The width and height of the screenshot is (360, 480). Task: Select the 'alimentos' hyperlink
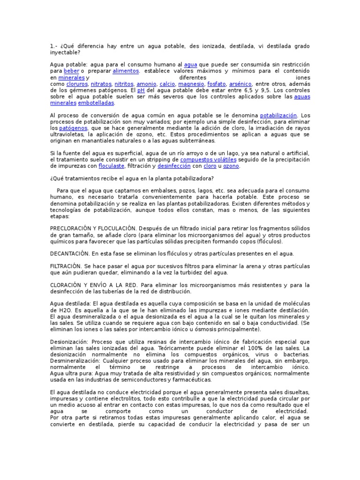[126, 71]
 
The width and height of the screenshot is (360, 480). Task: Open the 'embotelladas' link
[96, 103]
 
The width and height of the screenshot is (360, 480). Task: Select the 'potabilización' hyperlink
[278, 115]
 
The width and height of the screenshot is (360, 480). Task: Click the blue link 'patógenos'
[74, 128]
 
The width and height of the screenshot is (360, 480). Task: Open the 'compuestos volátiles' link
[208, 160]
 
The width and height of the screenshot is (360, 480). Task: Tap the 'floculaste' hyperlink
[111, 166]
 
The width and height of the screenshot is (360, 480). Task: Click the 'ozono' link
[231, 166]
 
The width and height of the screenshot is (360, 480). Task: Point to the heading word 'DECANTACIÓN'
[69, 254]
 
